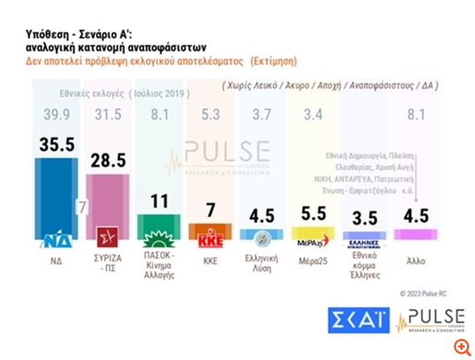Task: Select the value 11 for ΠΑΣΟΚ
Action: pyautogui.click(x=160, y=201)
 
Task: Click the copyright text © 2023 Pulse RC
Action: pyautogui.click(x=431, y=293)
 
